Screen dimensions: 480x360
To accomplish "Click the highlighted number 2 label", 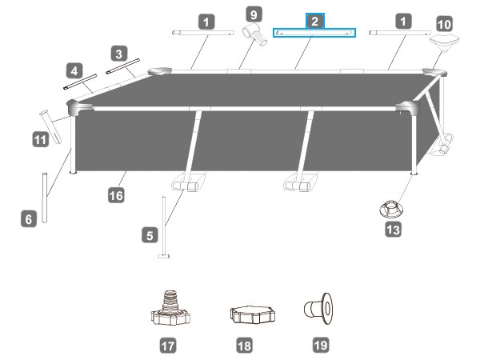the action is tap(314, 22).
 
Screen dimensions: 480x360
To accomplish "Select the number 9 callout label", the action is tap(254, 14).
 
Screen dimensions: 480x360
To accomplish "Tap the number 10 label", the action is tap(444, 24).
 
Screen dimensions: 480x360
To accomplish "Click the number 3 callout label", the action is tap(118, 54).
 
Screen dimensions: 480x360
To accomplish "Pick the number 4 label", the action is tap(74, 71).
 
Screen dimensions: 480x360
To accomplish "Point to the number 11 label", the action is tap(41, 139).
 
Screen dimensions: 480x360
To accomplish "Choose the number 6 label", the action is tap(29, 219).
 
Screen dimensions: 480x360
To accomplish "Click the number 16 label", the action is tap(116, 195).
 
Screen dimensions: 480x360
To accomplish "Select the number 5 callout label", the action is tap(150, 235).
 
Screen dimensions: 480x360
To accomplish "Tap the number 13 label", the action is tap(394, 230).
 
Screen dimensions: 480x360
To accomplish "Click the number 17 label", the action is tap(168, 346).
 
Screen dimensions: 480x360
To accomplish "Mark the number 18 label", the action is tap(245, 346).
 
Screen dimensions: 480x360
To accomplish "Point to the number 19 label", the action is tap(321, 346).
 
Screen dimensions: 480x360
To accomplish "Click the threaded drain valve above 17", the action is tap(170, 308).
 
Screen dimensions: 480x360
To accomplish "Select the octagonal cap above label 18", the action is tap(252, 314).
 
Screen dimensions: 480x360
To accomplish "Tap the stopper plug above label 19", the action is tap(318, 308).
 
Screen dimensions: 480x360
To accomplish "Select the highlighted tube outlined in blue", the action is tap(314, 33).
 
